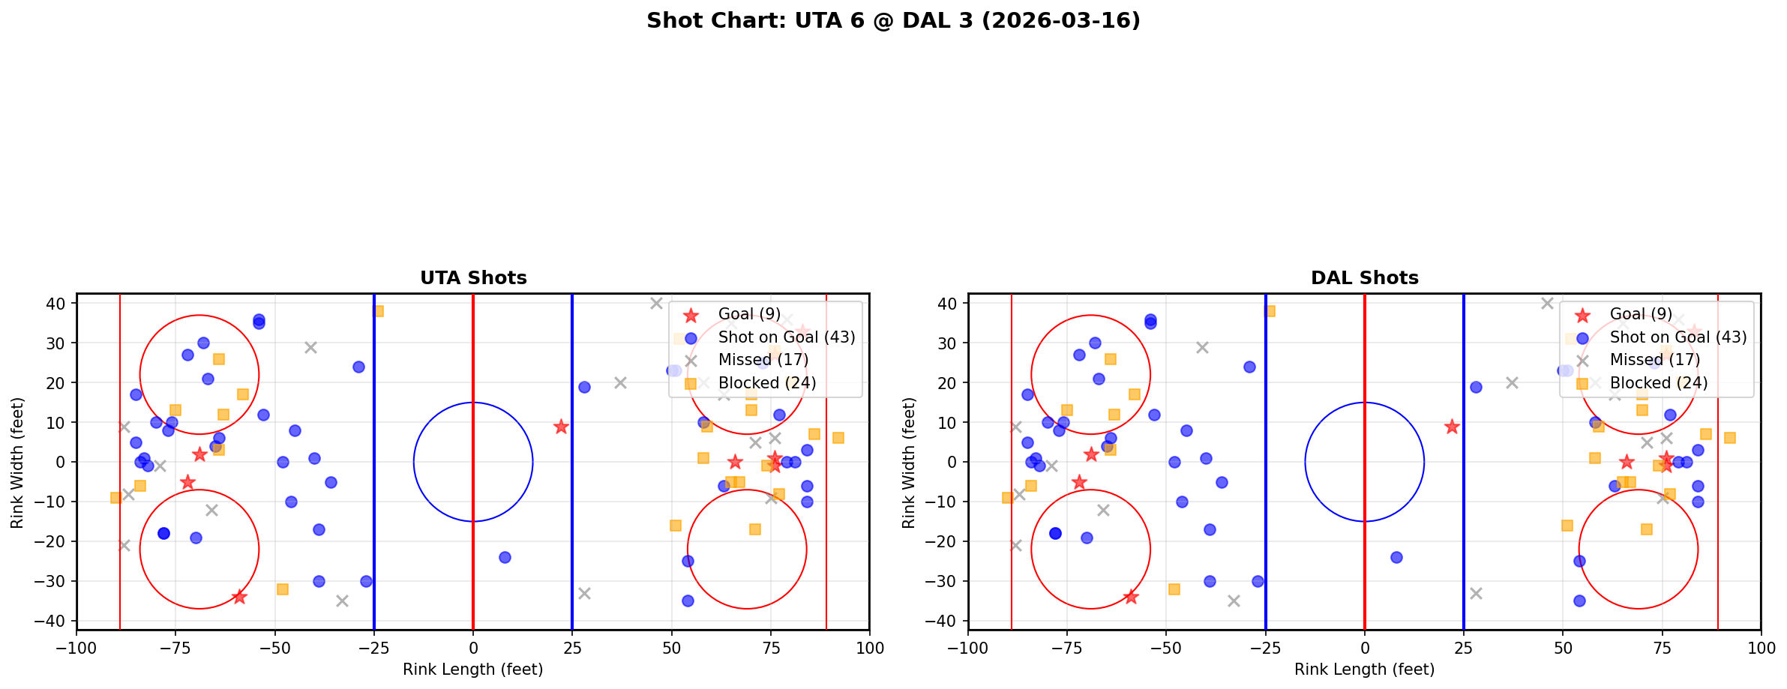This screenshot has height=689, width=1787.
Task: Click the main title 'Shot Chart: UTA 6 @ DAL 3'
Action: click(893, 21)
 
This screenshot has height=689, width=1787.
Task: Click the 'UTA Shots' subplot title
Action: click(473, 278)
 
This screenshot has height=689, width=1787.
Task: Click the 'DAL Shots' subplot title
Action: click(1365, 278)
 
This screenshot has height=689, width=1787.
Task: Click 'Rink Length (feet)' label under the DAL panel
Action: click(1365, 670)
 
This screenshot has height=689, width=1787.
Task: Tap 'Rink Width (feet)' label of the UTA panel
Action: click(17, 462)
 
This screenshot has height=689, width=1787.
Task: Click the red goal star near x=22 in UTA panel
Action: click(561, 427)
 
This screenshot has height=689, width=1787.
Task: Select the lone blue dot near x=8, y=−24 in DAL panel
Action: click(1396, 557)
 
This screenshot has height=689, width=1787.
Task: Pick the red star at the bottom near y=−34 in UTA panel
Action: click(239, 597)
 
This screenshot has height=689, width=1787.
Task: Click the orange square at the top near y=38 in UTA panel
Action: click(378, 311)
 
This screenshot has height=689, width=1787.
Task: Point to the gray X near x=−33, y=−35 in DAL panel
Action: click(1234, 601)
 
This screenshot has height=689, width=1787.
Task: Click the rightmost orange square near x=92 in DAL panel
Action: click(1729, 438)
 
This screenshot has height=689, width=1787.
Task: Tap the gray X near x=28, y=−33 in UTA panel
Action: click(584, 593)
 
